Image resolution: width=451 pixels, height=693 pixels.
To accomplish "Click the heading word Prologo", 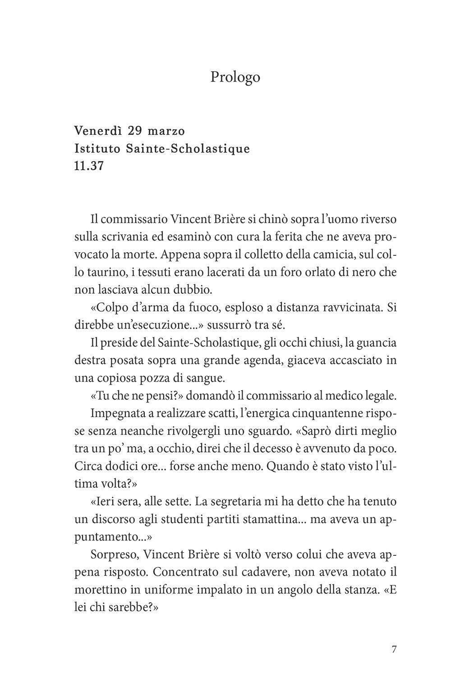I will pos(235,77).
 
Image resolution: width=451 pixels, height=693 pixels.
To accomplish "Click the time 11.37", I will pos(89,166).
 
